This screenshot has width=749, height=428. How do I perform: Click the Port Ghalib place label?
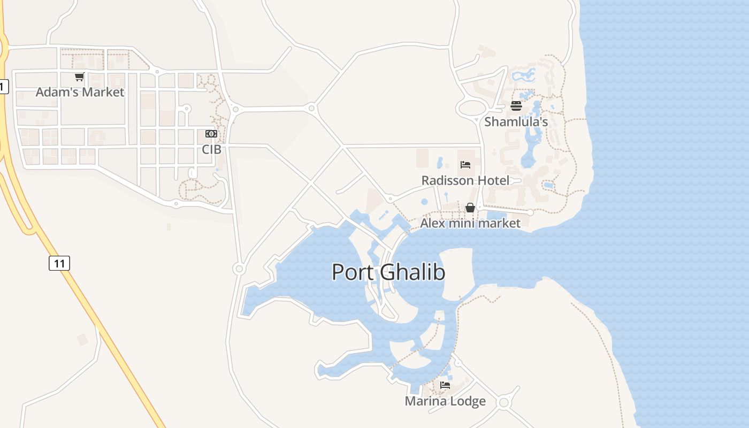click(388, 272)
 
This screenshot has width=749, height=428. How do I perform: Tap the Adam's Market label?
click(80, 92)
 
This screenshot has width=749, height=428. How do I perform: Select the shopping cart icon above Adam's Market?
click(80, 77)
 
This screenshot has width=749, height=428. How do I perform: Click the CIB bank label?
click(211, 149)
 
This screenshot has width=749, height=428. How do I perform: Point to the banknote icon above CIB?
click(211, 134)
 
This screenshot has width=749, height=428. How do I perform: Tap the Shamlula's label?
click(516, 122)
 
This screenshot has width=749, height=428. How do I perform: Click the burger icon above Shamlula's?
click(516, 105)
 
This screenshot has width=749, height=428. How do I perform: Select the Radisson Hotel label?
click(465, 180)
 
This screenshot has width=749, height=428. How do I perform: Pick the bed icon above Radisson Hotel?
click(465, 165)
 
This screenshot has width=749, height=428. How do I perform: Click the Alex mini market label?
click(470, 223)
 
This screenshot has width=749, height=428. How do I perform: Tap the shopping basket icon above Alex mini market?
click(470, 208)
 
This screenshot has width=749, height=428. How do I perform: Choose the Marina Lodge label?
click(445, 401)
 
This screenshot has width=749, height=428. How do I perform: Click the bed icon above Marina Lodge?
click(445, 385)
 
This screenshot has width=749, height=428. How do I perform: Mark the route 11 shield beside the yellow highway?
click(59, 263)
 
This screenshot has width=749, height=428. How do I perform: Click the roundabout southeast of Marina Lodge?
click(503, 402)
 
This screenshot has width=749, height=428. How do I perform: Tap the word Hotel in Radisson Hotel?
click(494, 180)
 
